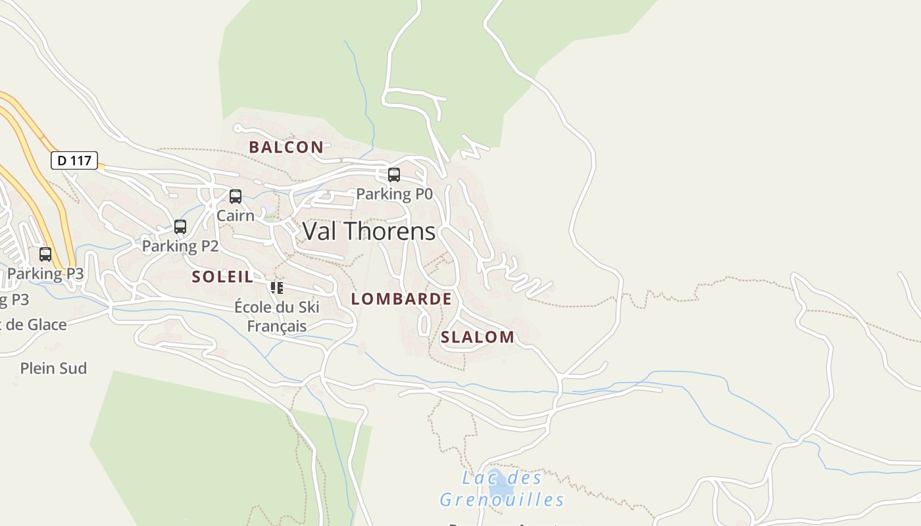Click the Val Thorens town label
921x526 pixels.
tap(368, 231)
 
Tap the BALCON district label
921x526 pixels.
tap(286, 147)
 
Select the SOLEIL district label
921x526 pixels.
tap(222, 277)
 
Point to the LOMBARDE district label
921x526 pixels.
tap(401, 299)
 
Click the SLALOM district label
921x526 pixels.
tap(478, 337)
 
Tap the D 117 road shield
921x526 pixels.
tap(74, 160)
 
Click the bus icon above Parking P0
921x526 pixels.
tap(394, 175)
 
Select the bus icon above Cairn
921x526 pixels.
tap(236, 197)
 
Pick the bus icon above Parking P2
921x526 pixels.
tap(180, 227)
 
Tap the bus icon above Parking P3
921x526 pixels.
tap(45, 254)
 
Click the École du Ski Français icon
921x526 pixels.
tap(277, 287)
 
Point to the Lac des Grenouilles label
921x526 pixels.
tap(502, 489)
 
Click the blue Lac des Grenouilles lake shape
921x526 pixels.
tap(500, 485)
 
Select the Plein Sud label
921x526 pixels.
tap(53, 368)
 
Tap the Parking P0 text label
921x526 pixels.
tap(394, 194)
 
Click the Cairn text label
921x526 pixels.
tap(236, 216)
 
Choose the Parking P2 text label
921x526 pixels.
tap(180, 246)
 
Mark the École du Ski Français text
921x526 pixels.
tap(277, 316)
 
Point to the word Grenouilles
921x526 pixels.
tap(502, 500)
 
